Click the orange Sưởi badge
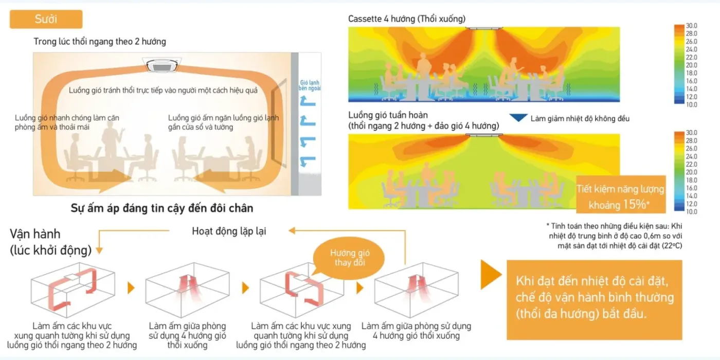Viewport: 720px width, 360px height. tap(46, 20)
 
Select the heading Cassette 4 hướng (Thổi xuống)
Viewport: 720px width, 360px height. tap(406, 19)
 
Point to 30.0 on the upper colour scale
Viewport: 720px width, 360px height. tap(691, 26)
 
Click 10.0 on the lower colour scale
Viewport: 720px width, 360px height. tap(691, 211)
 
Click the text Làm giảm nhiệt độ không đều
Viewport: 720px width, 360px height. tap(580, 119)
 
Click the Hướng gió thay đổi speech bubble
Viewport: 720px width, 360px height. tap(350, 258)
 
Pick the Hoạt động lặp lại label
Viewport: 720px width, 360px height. tap(229, 231)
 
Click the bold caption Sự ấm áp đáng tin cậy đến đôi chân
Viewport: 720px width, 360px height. tap(161, 208)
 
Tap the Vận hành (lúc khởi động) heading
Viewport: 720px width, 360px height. tap(50, 242)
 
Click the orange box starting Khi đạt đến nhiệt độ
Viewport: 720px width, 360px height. tap(594, 299)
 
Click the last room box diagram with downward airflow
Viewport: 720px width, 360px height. tap(415, 291)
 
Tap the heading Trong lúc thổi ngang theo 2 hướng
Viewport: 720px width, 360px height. tap(100, 41)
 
